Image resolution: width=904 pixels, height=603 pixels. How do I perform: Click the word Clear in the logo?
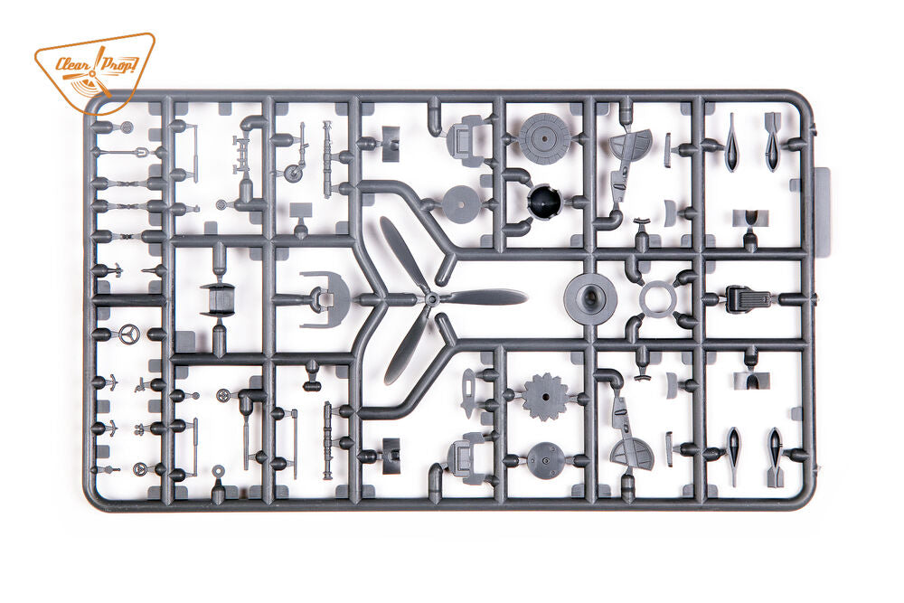(71, 63)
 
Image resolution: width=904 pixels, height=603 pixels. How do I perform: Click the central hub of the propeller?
(431, 298)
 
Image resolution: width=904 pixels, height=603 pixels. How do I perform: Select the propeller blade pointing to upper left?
(403, 255)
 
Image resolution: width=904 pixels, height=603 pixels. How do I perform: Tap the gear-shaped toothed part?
(545, 397)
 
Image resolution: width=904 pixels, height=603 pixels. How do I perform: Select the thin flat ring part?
(656, 299)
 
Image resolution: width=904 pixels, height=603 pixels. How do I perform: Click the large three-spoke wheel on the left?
(129, 334)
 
